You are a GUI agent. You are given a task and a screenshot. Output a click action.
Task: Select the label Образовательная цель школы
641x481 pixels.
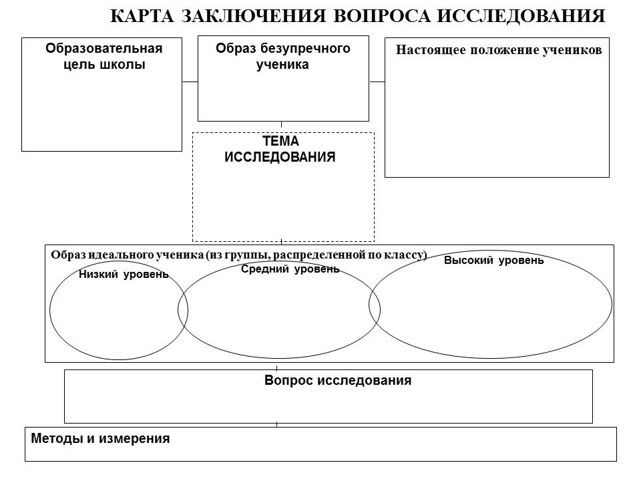click(103, 56)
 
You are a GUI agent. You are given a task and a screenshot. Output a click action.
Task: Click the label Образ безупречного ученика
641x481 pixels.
click(283, 56)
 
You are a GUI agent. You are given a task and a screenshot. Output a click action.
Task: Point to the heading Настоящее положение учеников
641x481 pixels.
click(499, 49)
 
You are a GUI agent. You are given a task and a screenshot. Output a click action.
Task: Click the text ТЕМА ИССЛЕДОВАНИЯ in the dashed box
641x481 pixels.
click(280, 150)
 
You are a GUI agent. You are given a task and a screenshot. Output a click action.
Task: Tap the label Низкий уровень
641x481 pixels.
click(124, 275)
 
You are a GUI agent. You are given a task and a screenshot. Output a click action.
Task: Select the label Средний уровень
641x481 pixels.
click(290, 269)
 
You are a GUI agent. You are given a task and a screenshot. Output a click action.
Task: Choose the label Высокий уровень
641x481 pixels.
click(493, 261)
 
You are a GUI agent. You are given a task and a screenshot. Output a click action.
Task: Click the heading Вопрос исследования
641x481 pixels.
click(337, 381)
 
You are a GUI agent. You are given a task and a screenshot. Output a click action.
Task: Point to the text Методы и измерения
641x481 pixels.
click(100, 439)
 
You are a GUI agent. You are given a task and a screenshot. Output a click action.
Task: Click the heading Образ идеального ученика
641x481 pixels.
click(127, 255)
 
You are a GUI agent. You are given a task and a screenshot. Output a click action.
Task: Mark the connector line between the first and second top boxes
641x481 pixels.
click(190, 82)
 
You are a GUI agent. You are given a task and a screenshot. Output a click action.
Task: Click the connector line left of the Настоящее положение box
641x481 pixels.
click(377, 82)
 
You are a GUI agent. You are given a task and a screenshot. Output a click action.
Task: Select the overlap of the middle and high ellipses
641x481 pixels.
click(375, 308)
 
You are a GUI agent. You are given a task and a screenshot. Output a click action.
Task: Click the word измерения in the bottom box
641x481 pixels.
click(136, 439)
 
